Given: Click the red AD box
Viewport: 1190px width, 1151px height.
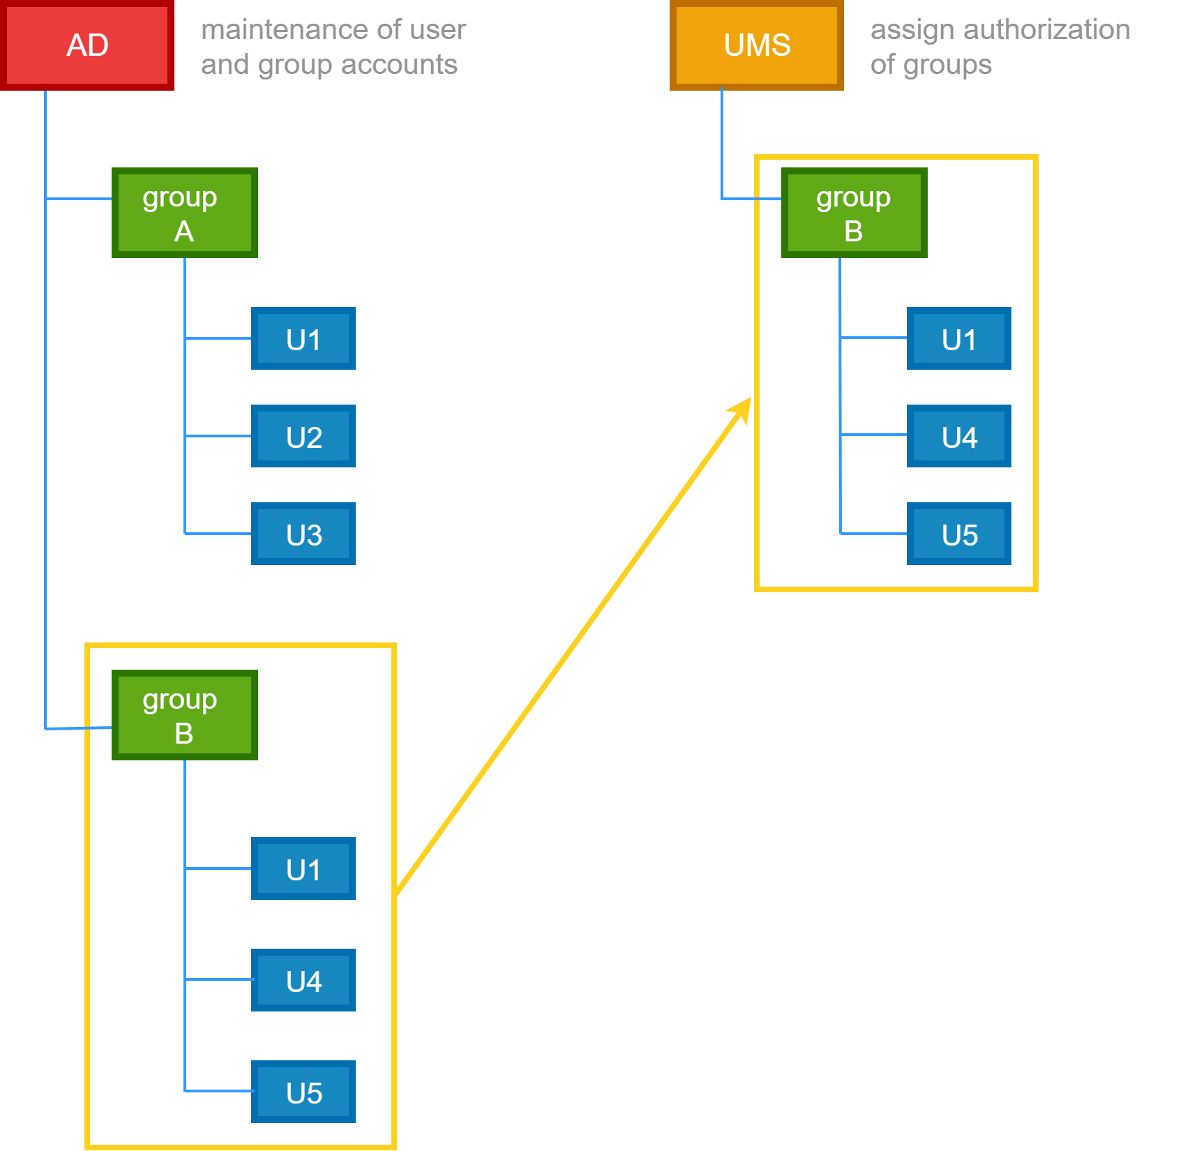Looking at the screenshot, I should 87,45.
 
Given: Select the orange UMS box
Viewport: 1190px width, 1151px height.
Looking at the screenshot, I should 757,45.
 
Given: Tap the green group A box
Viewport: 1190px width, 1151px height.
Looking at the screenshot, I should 184,213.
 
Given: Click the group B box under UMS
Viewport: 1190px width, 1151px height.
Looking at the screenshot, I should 854,213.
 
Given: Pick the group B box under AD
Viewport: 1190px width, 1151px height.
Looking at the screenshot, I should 184,715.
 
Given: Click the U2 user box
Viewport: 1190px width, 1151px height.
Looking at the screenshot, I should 303,436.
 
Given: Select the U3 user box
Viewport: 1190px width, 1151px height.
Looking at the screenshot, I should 303,534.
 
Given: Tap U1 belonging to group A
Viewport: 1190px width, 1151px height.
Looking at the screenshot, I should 303,338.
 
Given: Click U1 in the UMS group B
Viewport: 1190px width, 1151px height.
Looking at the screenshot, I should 959,338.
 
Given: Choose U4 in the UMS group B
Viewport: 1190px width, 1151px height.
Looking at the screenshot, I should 959,436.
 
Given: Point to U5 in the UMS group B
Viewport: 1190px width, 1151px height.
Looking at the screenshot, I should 959,534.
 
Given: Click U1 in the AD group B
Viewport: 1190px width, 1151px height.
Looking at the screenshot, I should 303,868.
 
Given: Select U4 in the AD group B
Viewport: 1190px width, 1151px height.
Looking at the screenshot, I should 303,980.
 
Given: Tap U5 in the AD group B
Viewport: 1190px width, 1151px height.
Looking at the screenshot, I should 303,1092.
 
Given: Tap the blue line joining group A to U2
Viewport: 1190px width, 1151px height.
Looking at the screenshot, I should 218,436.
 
